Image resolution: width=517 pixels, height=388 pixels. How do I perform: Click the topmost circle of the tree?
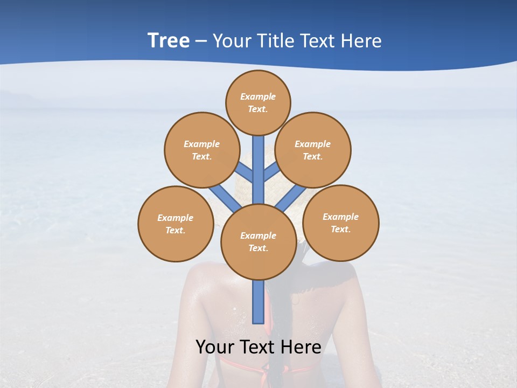(x=258, y=102)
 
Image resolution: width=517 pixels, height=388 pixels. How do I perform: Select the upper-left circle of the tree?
(x=202, y=150)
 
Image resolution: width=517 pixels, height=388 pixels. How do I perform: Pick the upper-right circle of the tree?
(x=313, y=150)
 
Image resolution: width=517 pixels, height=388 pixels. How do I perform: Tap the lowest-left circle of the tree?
(x=176, y=224)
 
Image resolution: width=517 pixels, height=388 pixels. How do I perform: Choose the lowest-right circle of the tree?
(x=341, y=223)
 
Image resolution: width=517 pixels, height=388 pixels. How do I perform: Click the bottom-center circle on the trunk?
(x=258, y=241)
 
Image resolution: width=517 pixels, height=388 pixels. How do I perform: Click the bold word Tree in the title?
(x=169, y=40)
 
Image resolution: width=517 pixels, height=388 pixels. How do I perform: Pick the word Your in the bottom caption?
(x=214, y=347)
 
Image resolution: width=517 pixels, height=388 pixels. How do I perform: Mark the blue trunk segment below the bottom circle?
(x=258, y=302)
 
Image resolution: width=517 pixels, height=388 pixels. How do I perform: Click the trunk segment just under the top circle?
(x=258, y=156)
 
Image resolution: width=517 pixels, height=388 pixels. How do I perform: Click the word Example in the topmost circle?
(x=258, y=96)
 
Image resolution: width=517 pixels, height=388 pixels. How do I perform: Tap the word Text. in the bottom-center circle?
(x=258, y=248)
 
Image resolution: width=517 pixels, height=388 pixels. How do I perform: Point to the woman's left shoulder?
(x=202, y=275)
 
